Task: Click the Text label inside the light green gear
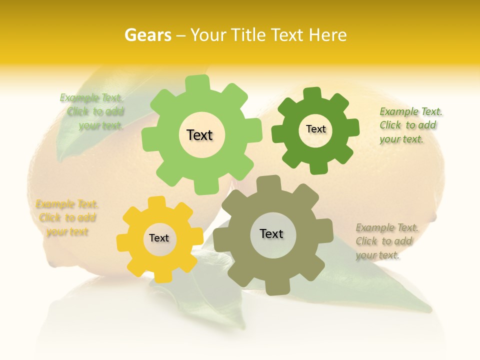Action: pyautogui.click(x=199, y=135)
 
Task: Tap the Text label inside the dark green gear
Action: pyautogui.click(x=315, y=129)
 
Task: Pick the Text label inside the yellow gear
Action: pyautogui.click(x=159, y=238)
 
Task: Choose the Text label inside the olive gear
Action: pyautogui.click(x=271, y=233)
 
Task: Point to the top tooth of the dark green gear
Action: pyautogui.click(x=312, y=93)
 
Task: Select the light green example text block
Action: pyautogui.click(x=92, y=111)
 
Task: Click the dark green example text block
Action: pyautogui.click(x=410, y=125)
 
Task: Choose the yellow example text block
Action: pyautogui.click(x=67, y=218)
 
